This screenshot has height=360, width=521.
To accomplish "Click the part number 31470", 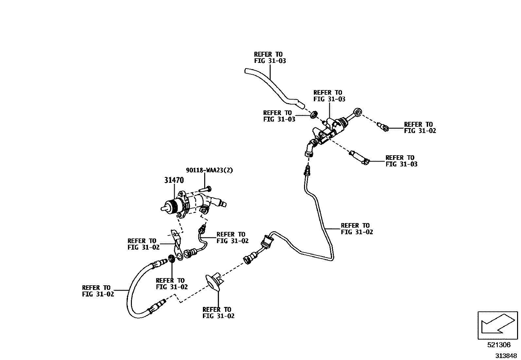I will (x=174, y=180).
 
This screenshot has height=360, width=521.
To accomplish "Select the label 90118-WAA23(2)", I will (x=209, y=170).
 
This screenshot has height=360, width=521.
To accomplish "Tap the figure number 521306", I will (x=498, y=345).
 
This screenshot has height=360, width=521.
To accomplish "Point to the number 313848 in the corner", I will (x=506, y=355).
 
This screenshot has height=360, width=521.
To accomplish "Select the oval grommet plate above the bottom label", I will (x=212, y=282).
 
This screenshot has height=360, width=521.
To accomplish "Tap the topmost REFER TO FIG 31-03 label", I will (x=270, y=58).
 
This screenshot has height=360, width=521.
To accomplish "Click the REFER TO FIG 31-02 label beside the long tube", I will (x=357, y=229).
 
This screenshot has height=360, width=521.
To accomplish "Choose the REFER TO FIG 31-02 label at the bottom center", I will (x=218, y=313).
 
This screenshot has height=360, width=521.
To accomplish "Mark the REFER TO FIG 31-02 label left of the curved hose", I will (x=98, y=291).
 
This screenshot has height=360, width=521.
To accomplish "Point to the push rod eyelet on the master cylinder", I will (x=358, y=113).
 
